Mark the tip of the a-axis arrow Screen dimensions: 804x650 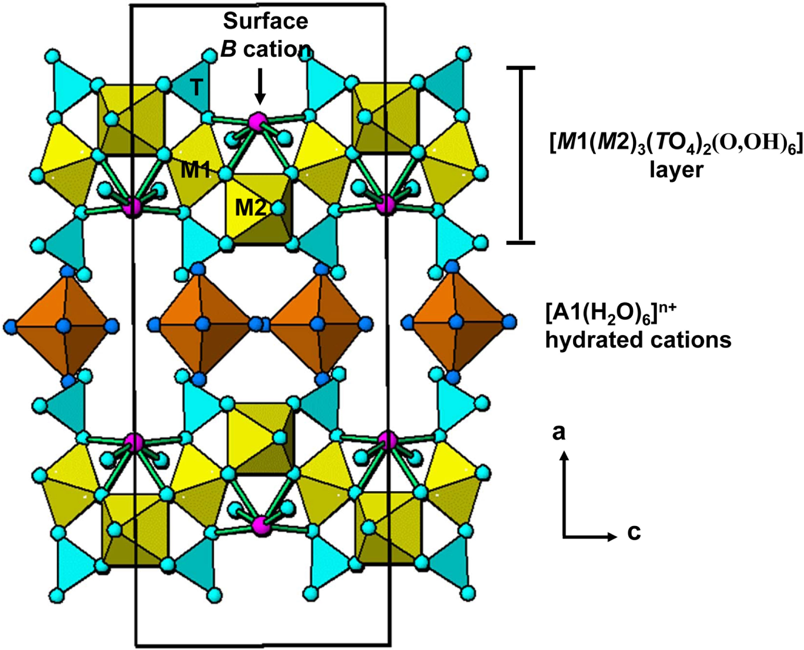[564, 452]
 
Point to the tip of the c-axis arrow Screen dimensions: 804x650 [617, 537]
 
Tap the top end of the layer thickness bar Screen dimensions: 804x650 [521, 68]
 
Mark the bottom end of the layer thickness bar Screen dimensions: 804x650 [521, 243]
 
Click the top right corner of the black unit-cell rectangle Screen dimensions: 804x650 [385, 5]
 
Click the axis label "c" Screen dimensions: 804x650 [634, 533]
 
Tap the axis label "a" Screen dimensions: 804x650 [559, 432]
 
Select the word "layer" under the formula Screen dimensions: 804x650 [676, 171]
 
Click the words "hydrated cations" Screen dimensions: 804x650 [638, 340]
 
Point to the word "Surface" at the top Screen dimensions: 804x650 [266, 21]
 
